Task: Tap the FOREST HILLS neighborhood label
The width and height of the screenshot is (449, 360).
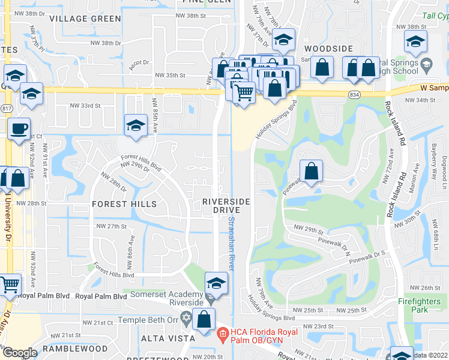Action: coord(124,204)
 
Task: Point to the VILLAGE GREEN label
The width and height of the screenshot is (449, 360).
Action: coord(85,19)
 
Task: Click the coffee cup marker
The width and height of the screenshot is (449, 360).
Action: coord(19,128)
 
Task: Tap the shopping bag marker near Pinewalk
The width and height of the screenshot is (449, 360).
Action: coord(312,172)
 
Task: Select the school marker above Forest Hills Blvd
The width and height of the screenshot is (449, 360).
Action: coord(136,126)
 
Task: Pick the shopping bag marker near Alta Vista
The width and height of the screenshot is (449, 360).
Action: coord(203,320)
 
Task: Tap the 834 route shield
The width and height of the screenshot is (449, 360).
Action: coord(355,94)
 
